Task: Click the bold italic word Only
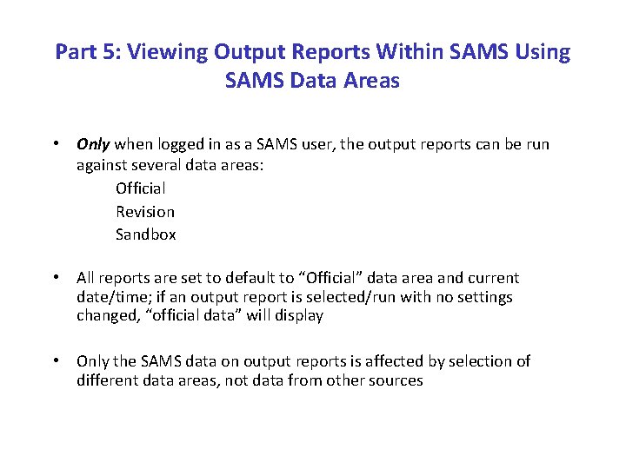pos(93,144)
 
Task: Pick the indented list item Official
pos(140,188)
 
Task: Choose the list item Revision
pos(145,211)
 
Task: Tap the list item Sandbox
pos(146,234)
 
